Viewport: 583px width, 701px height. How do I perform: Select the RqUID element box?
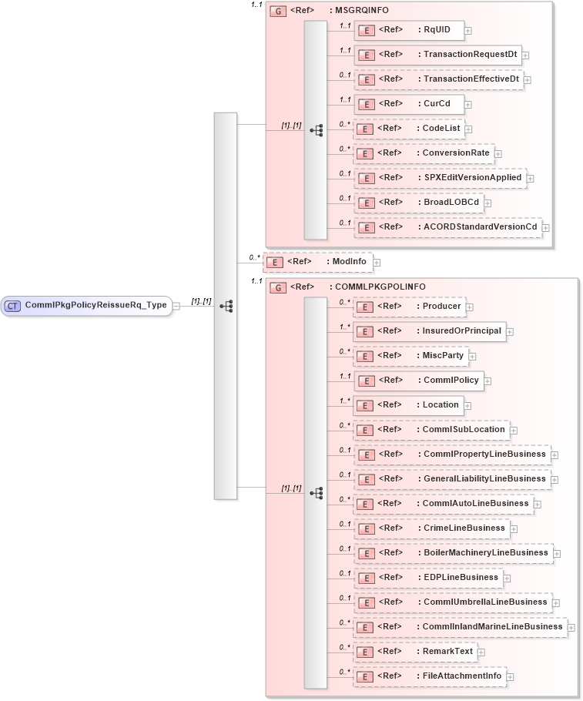pos(409,30)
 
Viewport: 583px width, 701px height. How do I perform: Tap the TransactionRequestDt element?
pos(437,55)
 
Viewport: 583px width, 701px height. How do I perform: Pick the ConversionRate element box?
pos(424,153)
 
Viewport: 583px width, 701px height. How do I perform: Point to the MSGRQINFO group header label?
pos(359,11)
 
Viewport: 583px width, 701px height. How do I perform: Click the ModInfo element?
pos(318,262)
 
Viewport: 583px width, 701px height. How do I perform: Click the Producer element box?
pos(410,307)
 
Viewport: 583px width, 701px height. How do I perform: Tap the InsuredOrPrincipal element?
pos(430,331)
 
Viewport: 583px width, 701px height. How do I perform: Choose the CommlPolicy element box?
pos(418,380)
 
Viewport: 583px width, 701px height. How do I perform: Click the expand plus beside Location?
pos(467,405)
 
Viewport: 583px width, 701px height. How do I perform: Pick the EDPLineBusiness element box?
pos(428,577)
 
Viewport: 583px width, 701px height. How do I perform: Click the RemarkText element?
pos(415,651)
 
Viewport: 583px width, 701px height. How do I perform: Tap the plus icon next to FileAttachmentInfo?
pos(510,676)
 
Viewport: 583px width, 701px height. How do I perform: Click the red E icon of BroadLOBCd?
pos(369,203)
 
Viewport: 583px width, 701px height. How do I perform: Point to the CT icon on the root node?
pos(12,305)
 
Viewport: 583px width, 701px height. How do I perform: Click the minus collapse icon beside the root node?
pos(176,305)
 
